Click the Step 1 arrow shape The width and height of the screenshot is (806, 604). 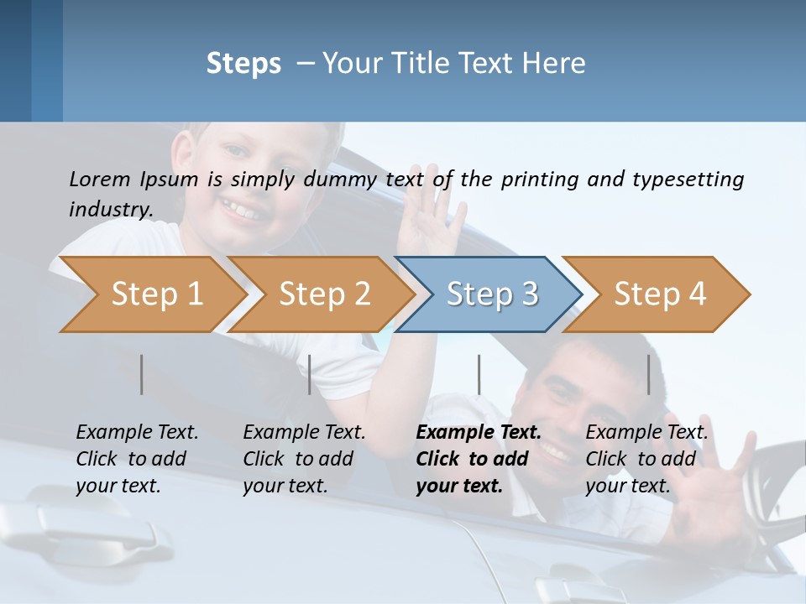coord(156,294)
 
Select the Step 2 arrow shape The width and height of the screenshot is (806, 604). coord(324,294)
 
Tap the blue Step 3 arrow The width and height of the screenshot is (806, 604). coord(491,294)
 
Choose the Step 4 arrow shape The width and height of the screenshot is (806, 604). coord(660,294)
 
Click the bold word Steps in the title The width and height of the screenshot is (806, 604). coord(243,64)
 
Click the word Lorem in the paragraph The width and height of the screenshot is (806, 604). coord(100,179)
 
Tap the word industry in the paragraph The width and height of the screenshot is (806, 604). coord(110,209)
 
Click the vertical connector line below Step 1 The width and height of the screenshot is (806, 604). coord(142,374)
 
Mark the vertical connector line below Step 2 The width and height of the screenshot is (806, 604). coord(310,374)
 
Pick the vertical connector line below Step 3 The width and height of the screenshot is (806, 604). coord(479,374)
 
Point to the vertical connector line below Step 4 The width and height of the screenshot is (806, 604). coord(649,374)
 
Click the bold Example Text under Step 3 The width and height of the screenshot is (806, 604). coord(479,433)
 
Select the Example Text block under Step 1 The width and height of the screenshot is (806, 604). coord(137,459)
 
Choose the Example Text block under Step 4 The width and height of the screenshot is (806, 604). coord(646,459)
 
